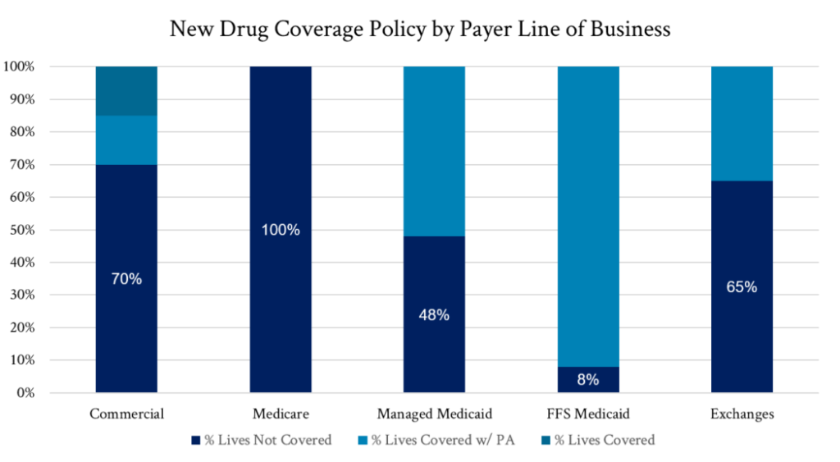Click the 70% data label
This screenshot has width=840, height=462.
click(x=126, y=279)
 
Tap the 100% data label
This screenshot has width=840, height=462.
click(x=281, y=230)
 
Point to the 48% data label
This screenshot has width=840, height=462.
click(x=434, y=315)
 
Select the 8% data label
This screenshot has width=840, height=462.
click(x=588, y=380)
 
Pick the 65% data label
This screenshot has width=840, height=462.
click(x=742, y=287)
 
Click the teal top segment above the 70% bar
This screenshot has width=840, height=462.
click(x=126, y=90)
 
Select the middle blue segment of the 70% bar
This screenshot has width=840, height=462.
click(x=126, y=140)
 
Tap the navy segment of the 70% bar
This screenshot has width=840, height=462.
click(x=126, y=345)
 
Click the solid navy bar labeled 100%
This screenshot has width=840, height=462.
click(x=281, y=148)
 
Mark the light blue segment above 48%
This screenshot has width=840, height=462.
click(x=434, y=151)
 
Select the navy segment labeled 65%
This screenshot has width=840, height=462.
click(x=742, y=345)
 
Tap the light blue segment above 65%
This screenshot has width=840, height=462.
click(x=742, y=123)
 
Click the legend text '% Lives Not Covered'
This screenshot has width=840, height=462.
click(x=268, y=441)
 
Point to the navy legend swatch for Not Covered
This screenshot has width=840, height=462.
click(x=195, y=441)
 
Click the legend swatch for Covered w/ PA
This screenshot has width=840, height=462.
click(x=363, y=441)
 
